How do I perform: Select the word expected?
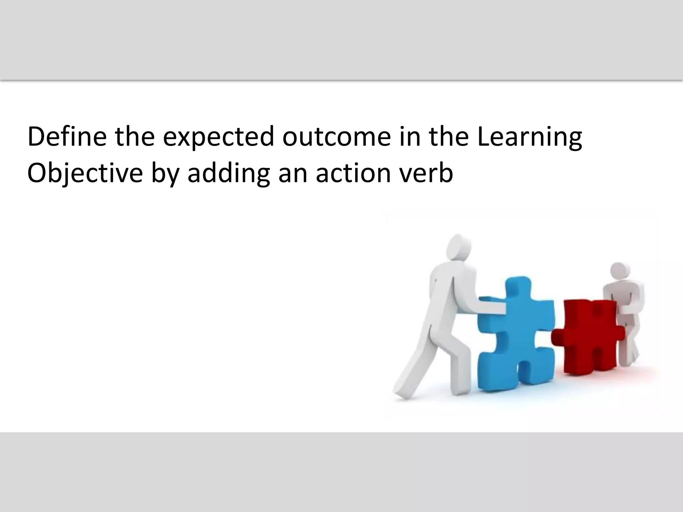click(218, 137)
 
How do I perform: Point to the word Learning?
click(529, 137)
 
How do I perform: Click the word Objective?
click(85, 174)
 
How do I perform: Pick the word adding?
click(228, 174)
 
